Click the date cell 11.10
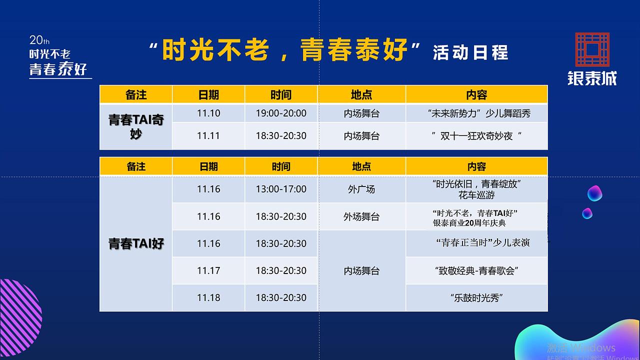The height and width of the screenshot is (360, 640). click(x=208, y=113)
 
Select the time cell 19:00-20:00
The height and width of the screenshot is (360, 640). click(x=281, y=113)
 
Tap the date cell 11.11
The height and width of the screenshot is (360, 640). click(x=208, y=136)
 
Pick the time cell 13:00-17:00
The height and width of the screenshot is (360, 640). click(x=281, y=189)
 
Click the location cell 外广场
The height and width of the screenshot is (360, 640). click(x=361, y=189)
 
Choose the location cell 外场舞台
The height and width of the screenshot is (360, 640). click(x=361, y=216)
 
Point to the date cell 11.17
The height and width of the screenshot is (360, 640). click(x=208, y=270)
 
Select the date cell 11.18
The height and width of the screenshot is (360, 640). click(x=208, y=297)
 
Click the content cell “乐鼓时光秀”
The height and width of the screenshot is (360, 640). click(x=476, y=298)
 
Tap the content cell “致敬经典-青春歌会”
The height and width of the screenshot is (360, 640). click(x=476, y=271)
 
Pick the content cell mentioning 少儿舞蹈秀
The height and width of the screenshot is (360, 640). click(x=476, y=113)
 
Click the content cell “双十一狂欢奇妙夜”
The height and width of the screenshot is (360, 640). click(x=476, y=136)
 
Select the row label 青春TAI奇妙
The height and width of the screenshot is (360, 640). click(x=136, y=126)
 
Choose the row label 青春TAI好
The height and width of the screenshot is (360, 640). click(x=136, y=243)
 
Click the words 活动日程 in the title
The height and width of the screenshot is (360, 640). click(x=470, y=52)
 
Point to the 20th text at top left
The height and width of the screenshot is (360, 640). click(x=39, y=40)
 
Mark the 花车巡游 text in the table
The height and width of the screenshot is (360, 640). click(x=476, y=195)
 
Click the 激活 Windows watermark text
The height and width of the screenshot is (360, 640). click(x=580, y=348)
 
